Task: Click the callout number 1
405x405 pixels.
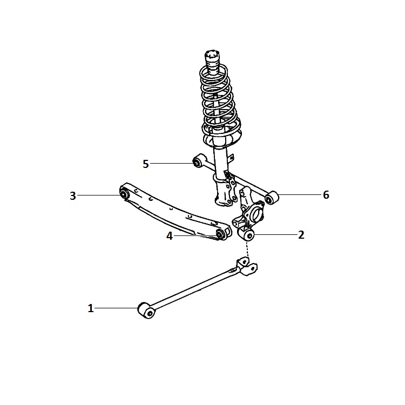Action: pyautogui.click(x=90, y=308)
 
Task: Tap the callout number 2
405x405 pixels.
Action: pyautogui.click(x=301, y=235)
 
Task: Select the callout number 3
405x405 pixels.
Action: pyautogui.click(x=73, y=196)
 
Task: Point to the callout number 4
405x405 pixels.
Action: pyautogui.click(x=170, y=236)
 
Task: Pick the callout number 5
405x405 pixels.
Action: pyautogui.click(x=146, y=164)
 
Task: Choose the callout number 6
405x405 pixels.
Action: pyautogui.click(x=326, y=195)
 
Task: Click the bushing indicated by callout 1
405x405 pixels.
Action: pyautogui.click(x=147, y=310)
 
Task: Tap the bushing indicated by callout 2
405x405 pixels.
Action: pyautogui.click(x=246, y=234)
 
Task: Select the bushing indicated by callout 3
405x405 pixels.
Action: pyautogui.click(x=125, y=193)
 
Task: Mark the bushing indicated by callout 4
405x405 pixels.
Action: pyautogui.click(x=220, y=234)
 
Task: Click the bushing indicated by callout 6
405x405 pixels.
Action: pyautogui.click(x=271, y=198)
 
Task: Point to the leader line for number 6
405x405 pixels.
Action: pyautogui.click(x=300, y=194)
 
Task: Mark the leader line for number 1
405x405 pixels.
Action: pyautogui.click(x=116, y=308)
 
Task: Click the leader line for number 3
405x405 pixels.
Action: pyautogui.click(x=99, y=195)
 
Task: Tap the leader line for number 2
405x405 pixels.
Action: pyautogui.click(x=275, y=234)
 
